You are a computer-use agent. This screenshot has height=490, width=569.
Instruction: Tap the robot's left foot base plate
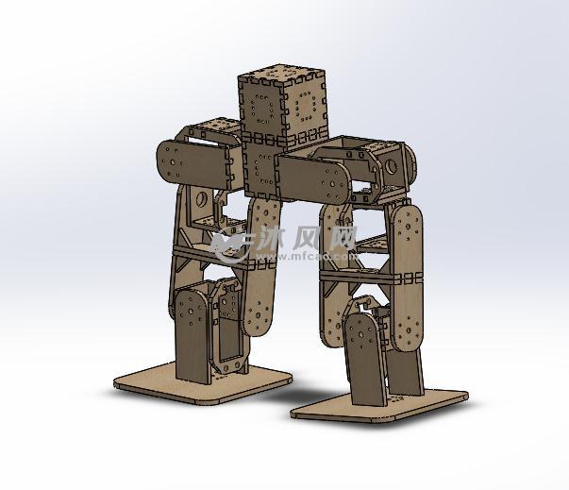coord(203,380)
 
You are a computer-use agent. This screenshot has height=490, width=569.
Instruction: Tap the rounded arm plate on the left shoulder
coord(195,162)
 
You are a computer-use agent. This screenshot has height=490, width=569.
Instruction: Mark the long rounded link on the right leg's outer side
coord(409,279)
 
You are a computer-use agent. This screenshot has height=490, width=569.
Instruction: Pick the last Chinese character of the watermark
coord(341,236)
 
